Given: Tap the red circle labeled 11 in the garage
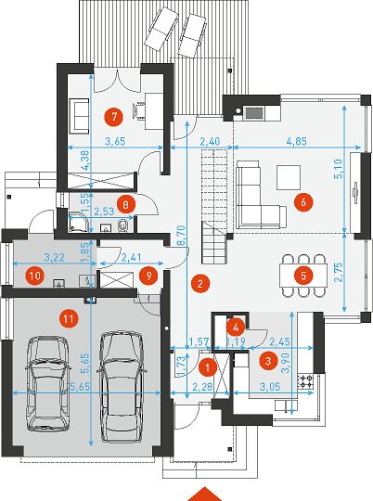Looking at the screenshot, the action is coord(70,318).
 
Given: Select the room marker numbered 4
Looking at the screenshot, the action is coord(236,328).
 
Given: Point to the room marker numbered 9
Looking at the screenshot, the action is coord(149,276).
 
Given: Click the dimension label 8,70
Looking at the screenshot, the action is coord(181,236).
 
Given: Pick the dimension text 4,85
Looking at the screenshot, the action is coord(297,141).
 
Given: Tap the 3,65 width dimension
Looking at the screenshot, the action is coord(115,141).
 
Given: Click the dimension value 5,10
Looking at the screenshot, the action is coord(339,169).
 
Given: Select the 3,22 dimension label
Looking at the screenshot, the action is coord(55,257).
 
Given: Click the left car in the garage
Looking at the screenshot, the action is coord(47,384).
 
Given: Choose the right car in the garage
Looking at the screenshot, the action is coord(122,387).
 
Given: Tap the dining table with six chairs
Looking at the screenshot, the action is coord(303,276).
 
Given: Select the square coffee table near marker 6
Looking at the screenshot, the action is coord(289,177).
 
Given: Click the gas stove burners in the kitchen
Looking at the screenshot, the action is coord(305,381).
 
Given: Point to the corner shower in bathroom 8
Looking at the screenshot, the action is coord(77,222).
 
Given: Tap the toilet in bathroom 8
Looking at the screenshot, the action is coord(122,225).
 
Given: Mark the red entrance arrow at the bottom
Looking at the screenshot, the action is coord(204,495).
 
